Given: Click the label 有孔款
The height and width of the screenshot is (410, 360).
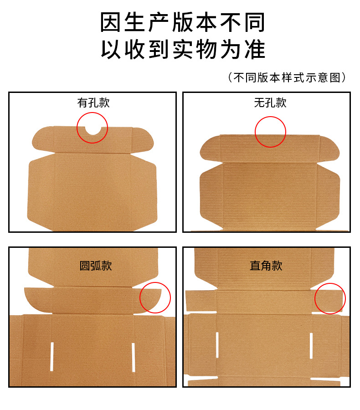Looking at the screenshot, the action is point(93,102).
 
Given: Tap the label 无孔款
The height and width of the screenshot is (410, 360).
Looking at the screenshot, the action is point(270,102).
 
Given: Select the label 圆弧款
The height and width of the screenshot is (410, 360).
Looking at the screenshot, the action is point(96,266).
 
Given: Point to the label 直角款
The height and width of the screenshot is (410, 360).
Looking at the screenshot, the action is point(266,266).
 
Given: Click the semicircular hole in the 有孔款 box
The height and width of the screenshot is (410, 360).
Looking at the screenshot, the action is point(93,130).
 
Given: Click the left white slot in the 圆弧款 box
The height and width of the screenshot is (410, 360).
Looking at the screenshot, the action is point(52,356).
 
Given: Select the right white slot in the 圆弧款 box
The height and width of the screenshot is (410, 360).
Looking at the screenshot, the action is point(133,357).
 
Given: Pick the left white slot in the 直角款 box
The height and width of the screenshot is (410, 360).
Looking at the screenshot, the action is point(217,345).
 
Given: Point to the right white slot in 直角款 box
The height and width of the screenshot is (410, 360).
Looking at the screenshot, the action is point(311,346).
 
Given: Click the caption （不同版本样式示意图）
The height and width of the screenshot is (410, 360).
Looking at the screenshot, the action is point(287,77).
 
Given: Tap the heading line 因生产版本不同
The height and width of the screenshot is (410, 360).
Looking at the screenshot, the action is point(183,22).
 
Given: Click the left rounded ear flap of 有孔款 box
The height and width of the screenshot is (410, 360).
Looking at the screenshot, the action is point(43,139).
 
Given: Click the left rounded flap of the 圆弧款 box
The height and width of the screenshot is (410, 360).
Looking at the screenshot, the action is point(38,300).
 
